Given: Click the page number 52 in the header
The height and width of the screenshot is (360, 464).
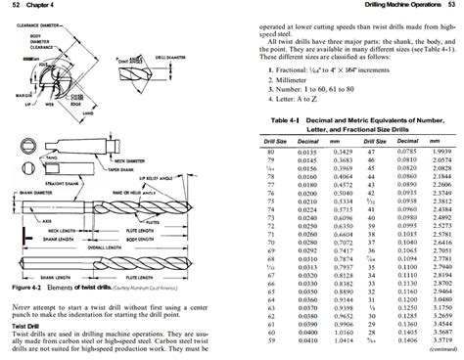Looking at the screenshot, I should point(10,6).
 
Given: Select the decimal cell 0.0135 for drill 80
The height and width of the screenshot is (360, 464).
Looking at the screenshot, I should point(309,152).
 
